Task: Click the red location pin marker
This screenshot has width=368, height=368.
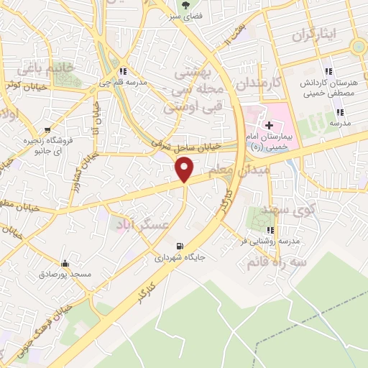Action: (x=185, y=170)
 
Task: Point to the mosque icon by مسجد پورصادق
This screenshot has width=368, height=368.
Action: (x=66, y=262)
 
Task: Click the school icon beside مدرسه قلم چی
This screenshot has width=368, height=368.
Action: (x=124, y=71)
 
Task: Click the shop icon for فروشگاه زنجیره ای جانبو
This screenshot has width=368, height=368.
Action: (x=47, y=131)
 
